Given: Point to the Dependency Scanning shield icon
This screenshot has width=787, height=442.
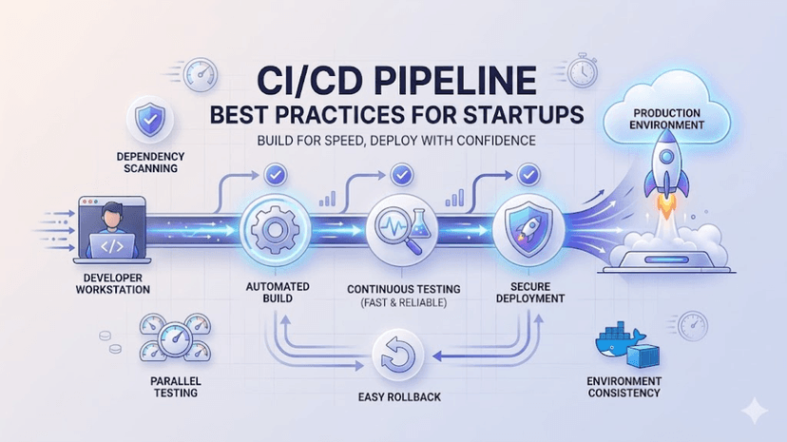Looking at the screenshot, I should pos(149,121).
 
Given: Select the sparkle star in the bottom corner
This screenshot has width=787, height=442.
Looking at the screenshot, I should pos(756,411).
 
